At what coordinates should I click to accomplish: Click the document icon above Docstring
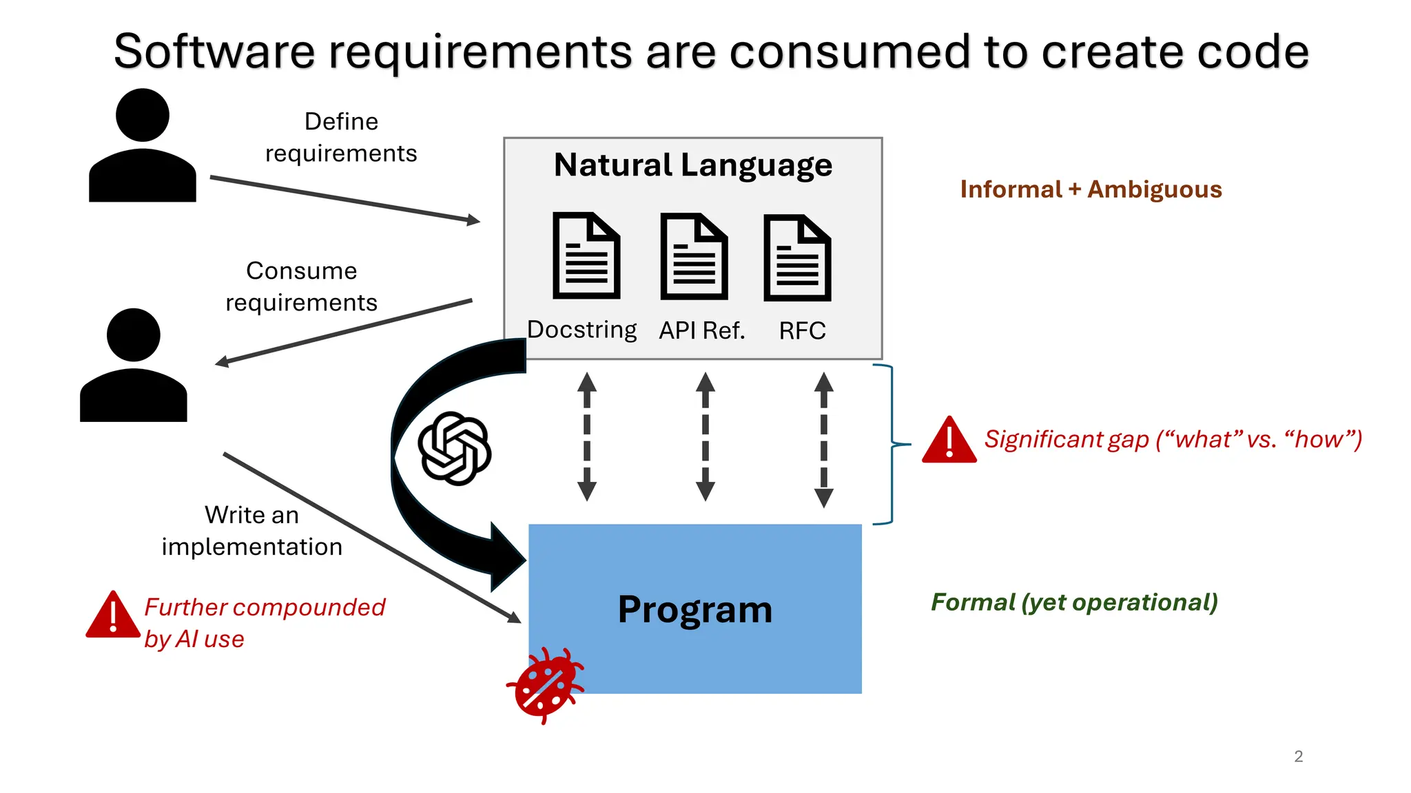click(x=586, y=255)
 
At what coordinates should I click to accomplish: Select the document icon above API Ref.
click(x=694, y=256)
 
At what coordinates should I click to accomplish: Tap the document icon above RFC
click(x=797, y=257)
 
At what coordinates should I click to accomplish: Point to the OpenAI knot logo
click(x=455, y=448)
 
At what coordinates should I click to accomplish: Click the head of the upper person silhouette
click(x=143, y=115)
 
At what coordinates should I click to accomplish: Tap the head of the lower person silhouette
click(x=134, y=335)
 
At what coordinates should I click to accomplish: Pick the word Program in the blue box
click(x=694, y=610)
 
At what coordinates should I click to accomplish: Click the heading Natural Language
click(x=693, y=165)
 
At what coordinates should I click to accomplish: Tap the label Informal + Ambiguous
click(x=1091, y=189)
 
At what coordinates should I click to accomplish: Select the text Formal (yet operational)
click(x=1074, y=602)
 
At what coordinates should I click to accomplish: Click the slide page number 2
click(x=1298, y=757)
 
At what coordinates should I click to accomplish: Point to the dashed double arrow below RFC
click(x=823, y=440)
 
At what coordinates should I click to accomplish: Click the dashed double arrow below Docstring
click(x=587, y=437)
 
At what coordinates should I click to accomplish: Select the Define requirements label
click(x=341, y=137)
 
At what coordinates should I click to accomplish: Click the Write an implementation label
click(x=251, y=531)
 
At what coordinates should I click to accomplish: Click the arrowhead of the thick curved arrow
click(x=507, y=558)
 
